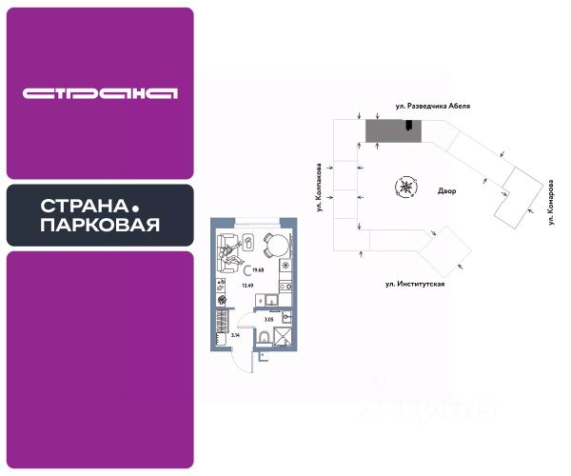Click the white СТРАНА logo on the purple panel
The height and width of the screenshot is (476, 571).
[x=101, y=93]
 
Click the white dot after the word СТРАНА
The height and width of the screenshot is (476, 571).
[x=135, y=206]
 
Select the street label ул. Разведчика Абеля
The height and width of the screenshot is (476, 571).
[x=432, y=108]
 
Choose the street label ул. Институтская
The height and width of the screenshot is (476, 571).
[x=415, y=284]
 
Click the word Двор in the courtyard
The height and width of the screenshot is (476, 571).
[x=447, y=191]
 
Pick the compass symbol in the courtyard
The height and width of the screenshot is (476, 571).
[x=407, y=187]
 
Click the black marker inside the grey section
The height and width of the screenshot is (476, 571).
[x=409, y=126]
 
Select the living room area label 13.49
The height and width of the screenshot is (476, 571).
[x=246, y=285]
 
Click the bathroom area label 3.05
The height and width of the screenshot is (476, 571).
[x=267, y=320]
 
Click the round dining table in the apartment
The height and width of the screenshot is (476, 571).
[x=275, y=246]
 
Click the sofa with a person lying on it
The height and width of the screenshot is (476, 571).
[x=231, y=250]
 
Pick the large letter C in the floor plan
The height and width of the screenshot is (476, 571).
[x=246, y=271]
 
